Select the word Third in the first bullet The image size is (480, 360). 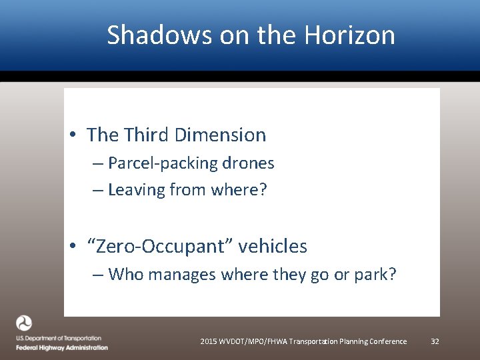pos(146,135)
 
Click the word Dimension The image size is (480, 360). pos(220,135)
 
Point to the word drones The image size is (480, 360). pos(249,163)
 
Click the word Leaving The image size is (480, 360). pos(136,190)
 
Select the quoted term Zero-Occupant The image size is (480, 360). pos(159,246)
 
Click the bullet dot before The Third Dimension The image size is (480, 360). pos(72,135)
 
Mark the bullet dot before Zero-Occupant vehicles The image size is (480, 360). pos(72,247)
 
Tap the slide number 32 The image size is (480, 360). pos(435,341)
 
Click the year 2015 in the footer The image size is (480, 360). pos(208,341)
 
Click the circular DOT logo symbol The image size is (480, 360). pos(24,323)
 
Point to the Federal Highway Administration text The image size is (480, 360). pos(62,347)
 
